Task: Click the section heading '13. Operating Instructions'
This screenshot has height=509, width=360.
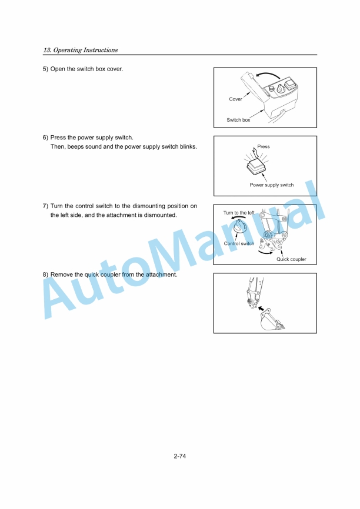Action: [80, 50]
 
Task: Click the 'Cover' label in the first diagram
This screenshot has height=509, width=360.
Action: [235, 99]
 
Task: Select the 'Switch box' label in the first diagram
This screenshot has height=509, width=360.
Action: [238, 120]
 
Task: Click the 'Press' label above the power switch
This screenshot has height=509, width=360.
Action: [264, 146]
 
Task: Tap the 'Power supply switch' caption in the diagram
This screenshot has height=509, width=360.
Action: [272, 185]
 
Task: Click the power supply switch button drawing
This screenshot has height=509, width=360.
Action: [257, 168]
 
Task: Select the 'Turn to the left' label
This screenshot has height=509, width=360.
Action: [239, 212]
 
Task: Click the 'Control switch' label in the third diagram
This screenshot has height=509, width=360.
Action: [239, 243]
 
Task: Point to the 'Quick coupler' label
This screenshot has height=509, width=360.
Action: [291, 259]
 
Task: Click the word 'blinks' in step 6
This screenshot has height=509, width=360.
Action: [188, 146]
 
